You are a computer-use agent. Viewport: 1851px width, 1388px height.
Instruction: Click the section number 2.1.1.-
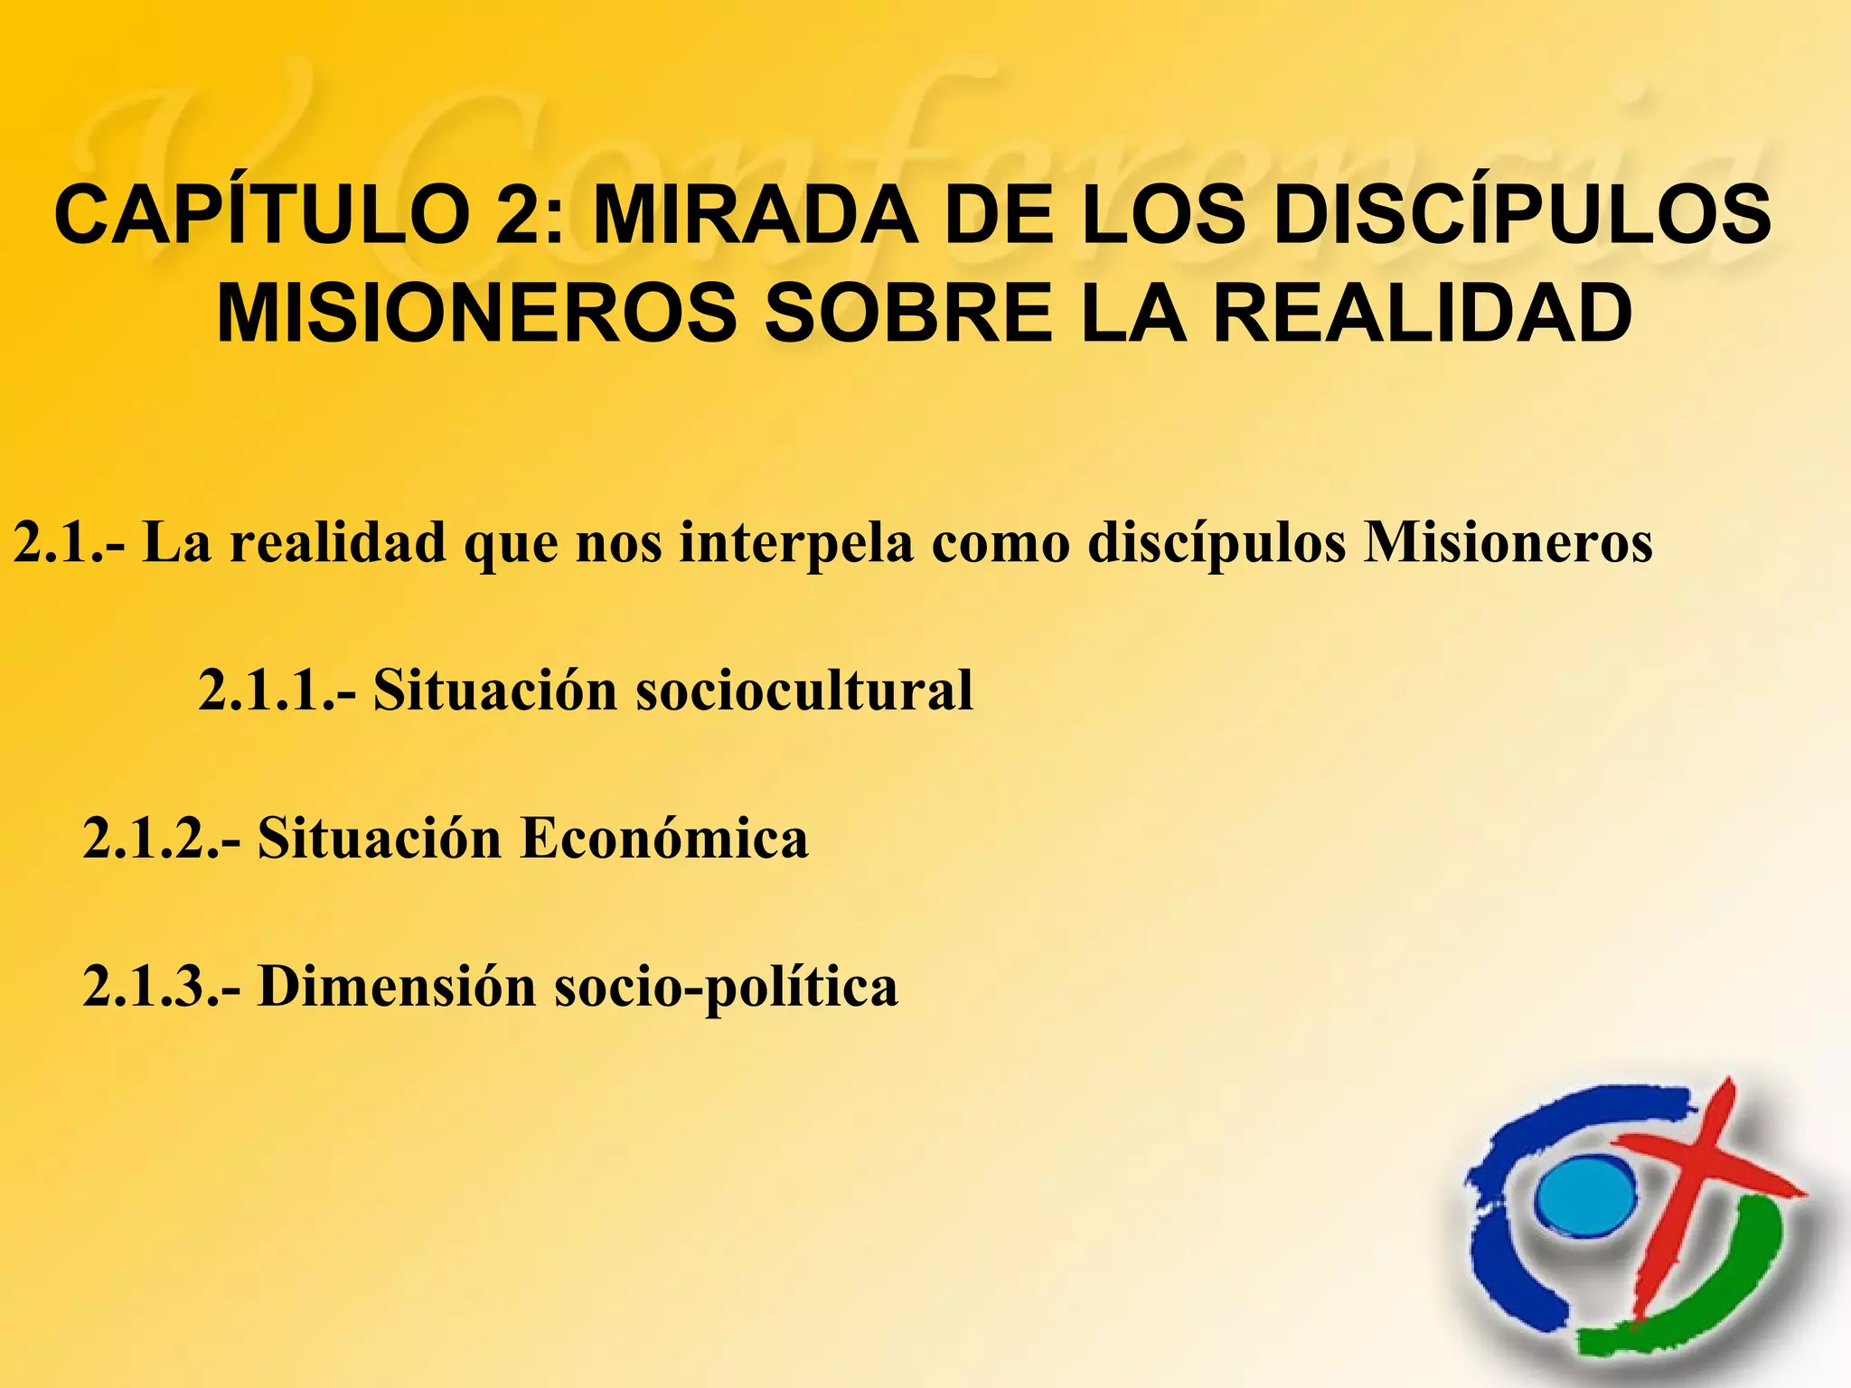pos(277,690)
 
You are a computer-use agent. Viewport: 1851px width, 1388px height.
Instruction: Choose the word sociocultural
pos(804,690)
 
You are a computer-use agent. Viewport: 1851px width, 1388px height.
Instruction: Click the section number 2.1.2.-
pos(162,838)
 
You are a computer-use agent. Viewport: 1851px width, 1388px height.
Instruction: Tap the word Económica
pos(663,838)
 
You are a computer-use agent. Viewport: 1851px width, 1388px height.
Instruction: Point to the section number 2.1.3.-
pos(162,985)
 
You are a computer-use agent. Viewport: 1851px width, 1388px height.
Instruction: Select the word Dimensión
pos(398,985)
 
